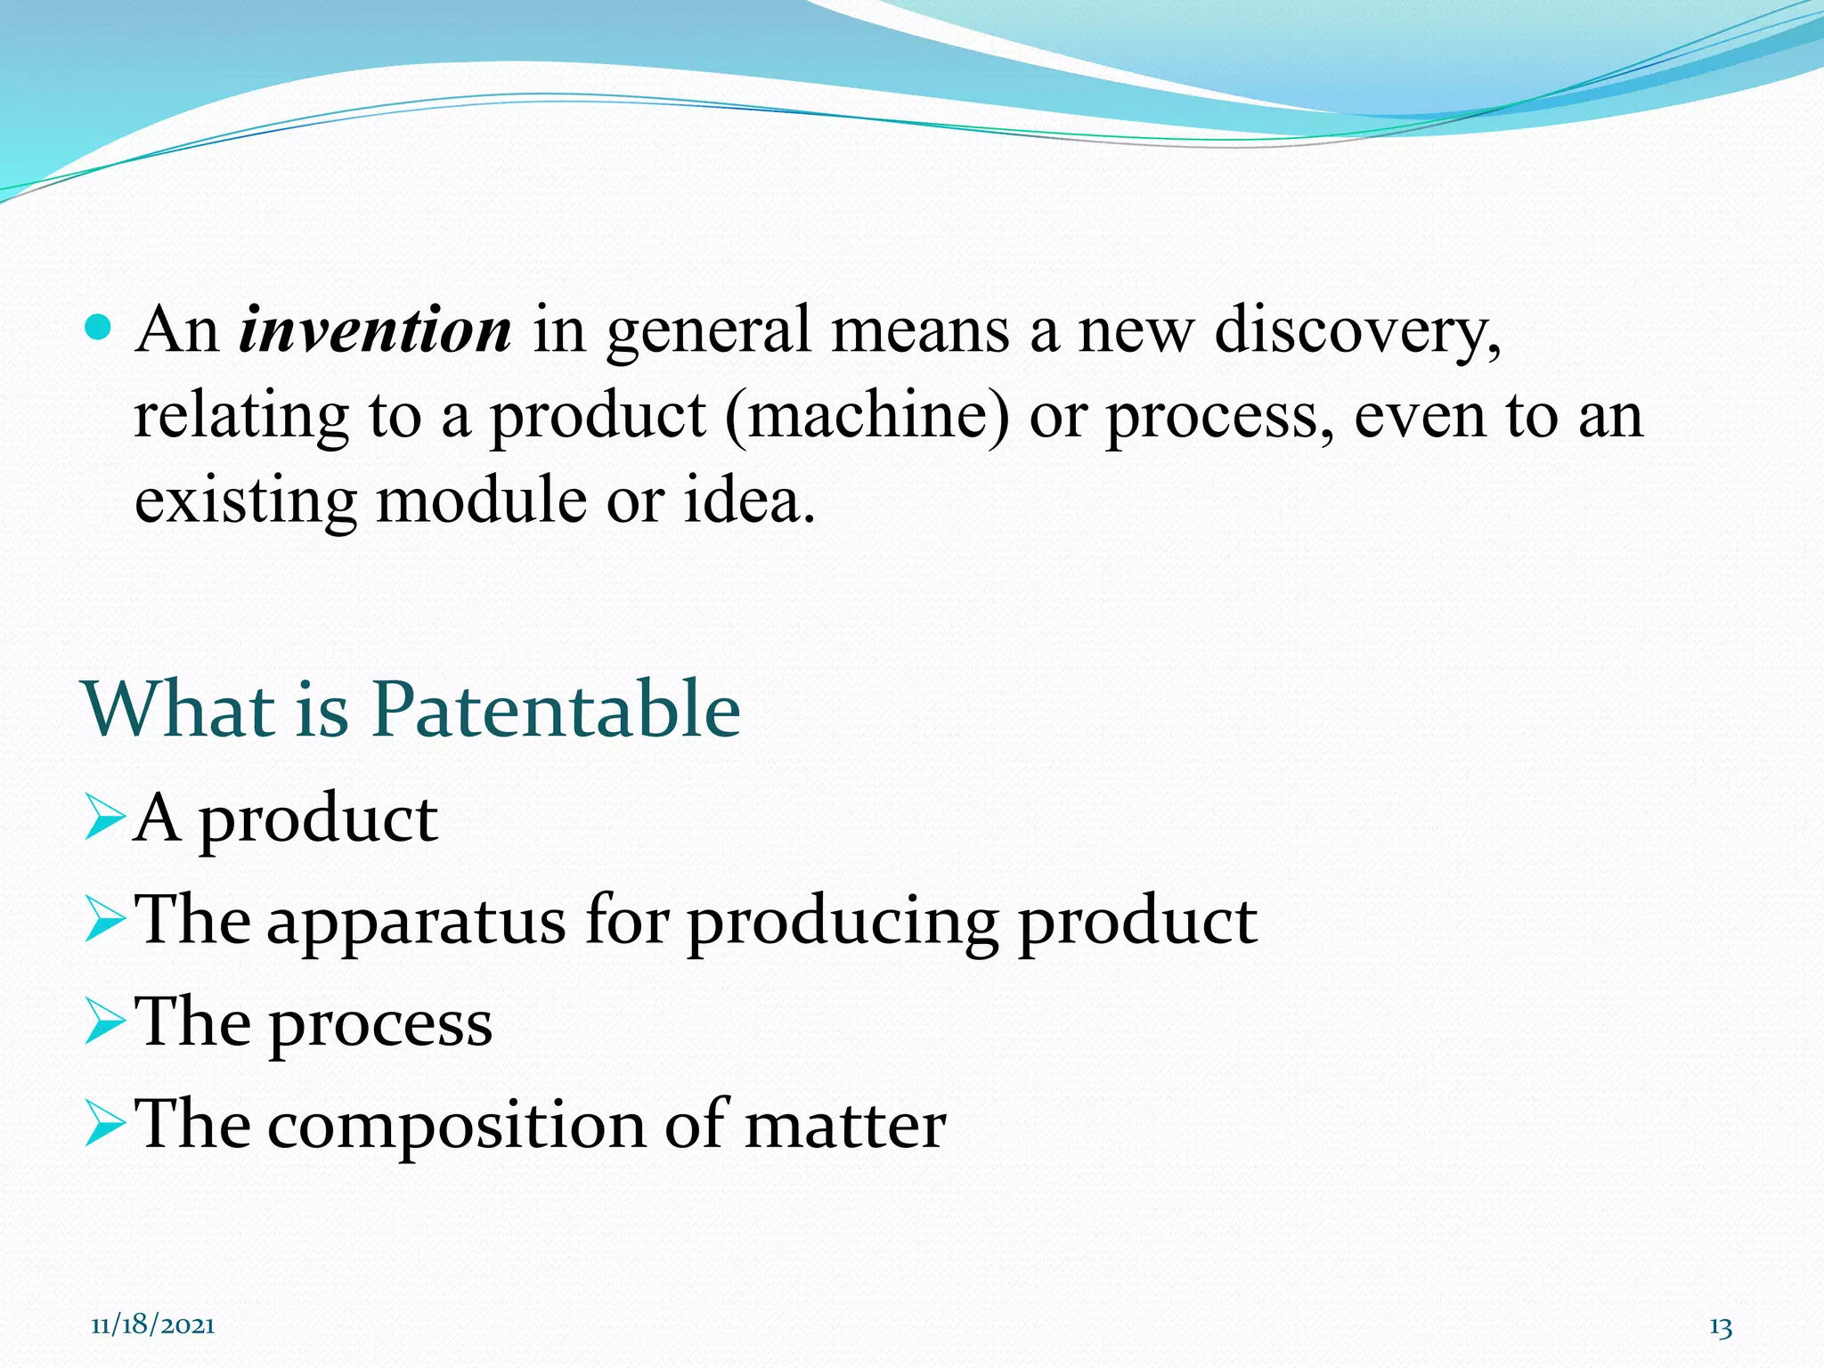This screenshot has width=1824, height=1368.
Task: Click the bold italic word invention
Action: pos(375,330)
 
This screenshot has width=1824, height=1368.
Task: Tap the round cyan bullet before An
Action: pos(99,328)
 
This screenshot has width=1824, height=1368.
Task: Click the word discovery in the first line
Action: pos(1357,330)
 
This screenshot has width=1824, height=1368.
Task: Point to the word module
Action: pos(481,500)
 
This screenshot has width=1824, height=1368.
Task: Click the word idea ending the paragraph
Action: pos(748,500)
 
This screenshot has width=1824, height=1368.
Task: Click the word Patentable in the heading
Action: pos(556,710)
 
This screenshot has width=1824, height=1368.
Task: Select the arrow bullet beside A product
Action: pos(104,818)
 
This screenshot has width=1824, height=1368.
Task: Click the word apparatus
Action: pos(416,920)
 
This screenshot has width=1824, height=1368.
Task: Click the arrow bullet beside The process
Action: pos(104,1022)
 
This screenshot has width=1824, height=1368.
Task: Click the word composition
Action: pos(456,1125)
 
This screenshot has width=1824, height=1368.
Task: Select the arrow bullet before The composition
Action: pos(104,1123)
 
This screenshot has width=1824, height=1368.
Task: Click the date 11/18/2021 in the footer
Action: pos(152,1325)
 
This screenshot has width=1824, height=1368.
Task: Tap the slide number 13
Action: pos(1721,1327)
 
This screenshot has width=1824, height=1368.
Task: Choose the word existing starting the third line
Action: pos(246,500)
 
